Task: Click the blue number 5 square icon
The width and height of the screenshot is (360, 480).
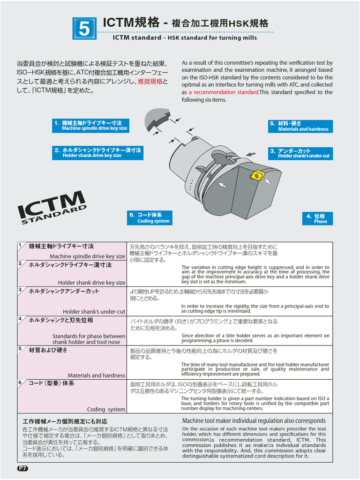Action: (x=84, y=29)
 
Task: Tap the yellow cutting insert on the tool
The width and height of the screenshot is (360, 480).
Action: (x=256, y=175)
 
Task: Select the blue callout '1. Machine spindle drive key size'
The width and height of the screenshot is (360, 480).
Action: (x=90, y=126)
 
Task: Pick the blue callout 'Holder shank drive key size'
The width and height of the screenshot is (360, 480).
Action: (x=97, y=153)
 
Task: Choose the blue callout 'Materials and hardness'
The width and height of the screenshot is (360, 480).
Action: (x=300, y=126)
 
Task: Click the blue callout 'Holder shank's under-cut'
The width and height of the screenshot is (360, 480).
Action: (x=300, y=153)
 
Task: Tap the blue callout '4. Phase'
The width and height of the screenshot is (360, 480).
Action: (x=317, y=218)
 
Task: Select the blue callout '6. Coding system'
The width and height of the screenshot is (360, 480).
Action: (x=150, y=218)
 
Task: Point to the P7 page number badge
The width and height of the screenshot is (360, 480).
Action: (x=23, y=468)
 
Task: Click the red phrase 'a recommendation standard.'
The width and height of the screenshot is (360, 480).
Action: (x=224, y=92)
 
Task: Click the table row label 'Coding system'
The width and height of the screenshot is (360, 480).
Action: (x=106, y=409)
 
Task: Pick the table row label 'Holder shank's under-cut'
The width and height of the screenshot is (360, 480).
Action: (x=94, y=311)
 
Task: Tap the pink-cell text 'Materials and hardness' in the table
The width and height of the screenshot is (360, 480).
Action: (x=96, y=375)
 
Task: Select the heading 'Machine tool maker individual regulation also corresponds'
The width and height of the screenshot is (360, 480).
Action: (x=254, y=420)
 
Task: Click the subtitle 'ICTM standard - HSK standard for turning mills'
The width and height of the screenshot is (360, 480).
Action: (x=185, y=37)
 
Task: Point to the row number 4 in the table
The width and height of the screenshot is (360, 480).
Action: (x=20, y=319)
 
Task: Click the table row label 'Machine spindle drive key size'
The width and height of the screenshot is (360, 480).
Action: (x=87, y=256)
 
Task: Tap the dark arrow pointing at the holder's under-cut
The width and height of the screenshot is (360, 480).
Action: (x=251, y=154)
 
